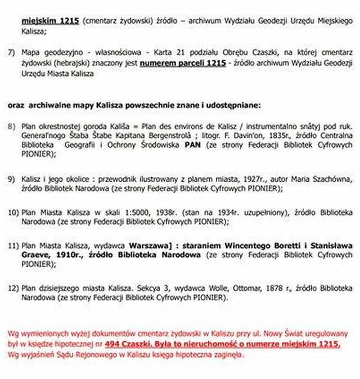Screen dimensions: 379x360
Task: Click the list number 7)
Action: (x=11, y=52)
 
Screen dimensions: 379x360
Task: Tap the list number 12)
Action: (x=13, y=287)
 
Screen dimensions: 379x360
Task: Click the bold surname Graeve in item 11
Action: (x=37, y=255)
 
